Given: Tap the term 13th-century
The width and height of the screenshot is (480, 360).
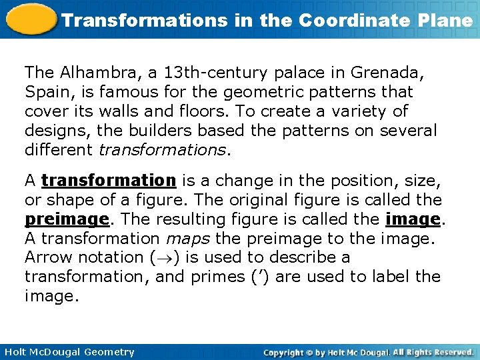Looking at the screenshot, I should [202, 72].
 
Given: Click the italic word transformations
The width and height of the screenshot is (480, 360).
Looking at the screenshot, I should [162, 149].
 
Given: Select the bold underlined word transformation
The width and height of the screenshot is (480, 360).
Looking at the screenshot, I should [108, 181].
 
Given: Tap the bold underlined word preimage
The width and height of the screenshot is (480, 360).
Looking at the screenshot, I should [66, 219].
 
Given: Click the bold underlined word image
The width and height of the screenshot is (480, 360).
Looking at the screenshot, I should [412, 219].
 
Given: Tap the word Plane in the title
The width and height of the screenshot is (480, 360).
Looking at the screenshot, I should [448, 20].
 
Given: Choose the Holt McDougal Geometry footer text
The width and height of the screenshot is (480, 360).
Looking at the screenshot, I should [69, 352].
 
